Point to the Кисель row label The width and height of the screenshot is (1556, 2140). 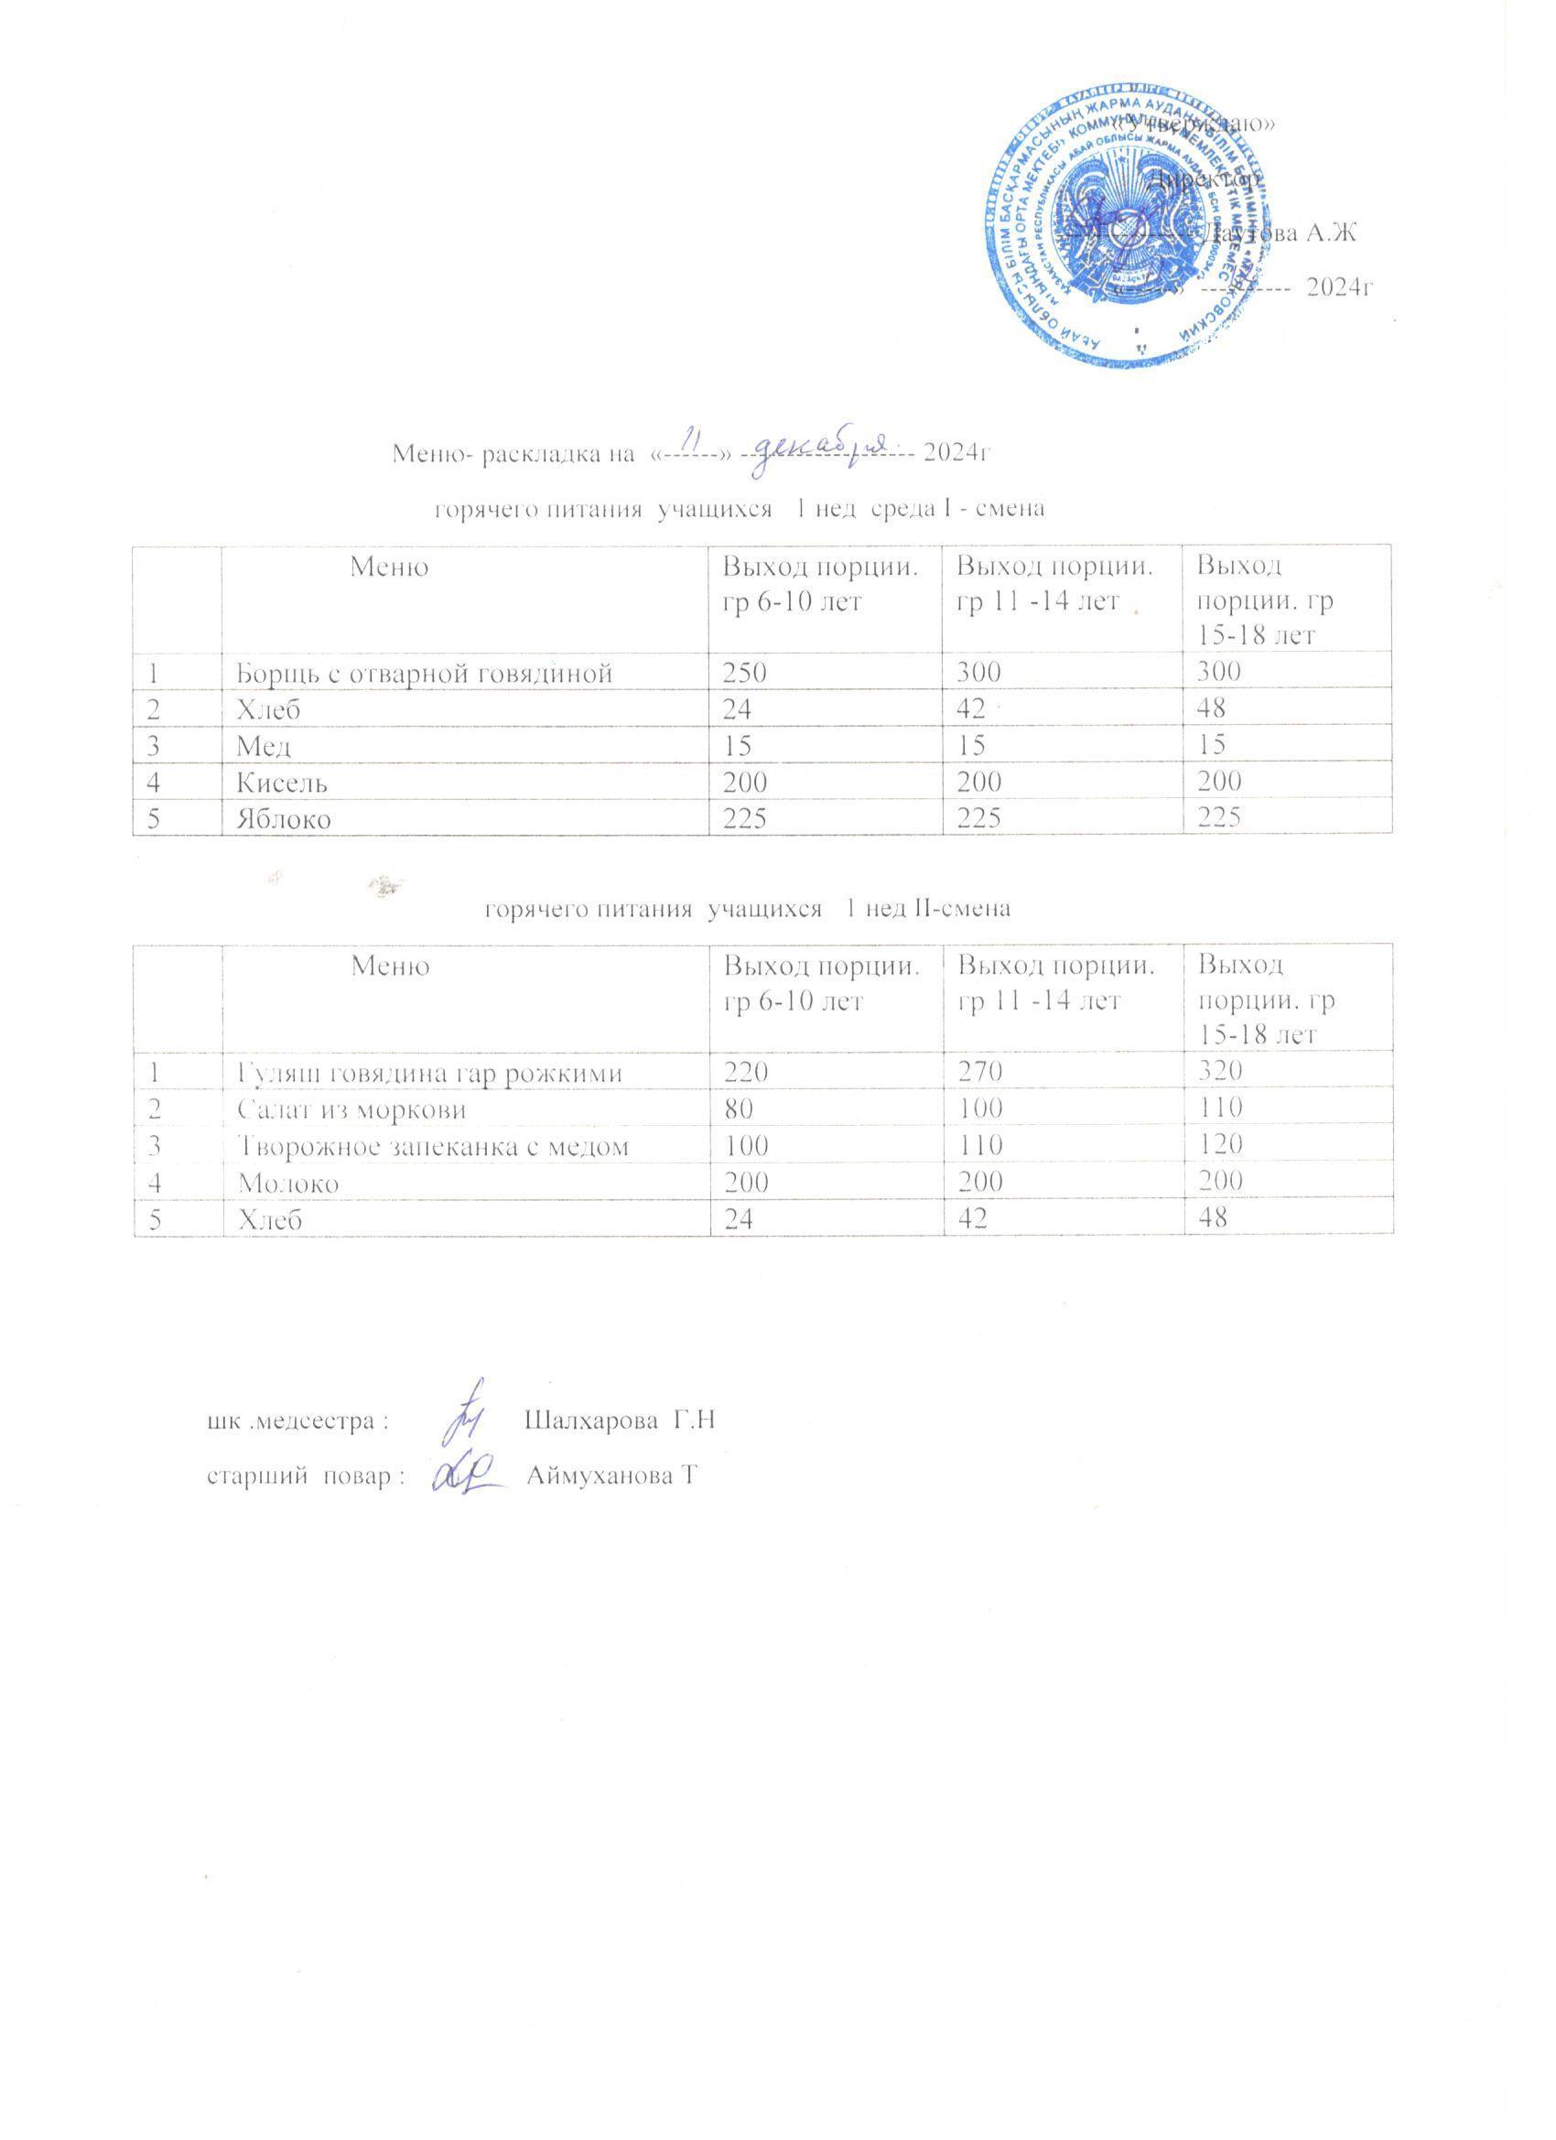click(282, 783)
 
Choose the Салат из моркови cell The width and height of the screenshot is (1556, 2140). click(351, 1108)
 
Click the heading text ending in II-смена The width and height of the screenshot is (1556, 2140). click(747, 909)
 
